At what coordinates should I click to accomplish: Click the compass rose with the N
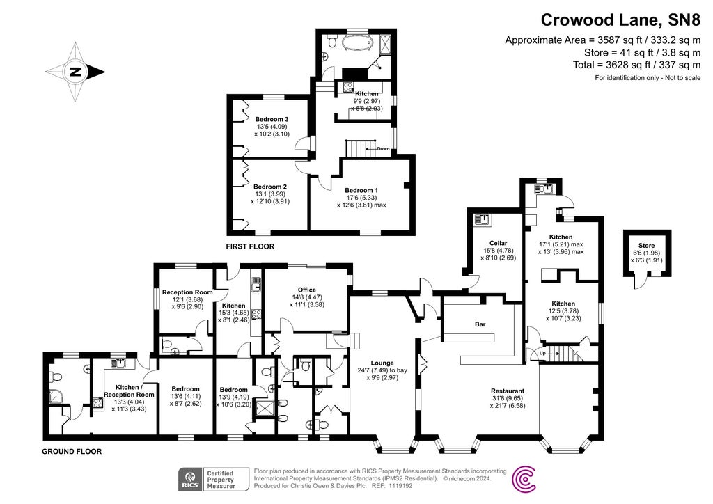[75, 71]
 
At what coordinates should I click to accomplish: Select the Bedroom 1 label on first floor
[361, 191]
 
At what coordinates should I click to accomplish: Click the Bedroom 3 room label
[271, 119]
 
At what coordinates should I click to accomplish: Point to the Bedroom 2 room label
[270, 187]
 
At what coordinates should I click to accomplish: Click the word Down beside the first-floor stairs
[383, 148]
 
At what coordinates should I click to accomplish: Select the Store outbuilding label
[647, 244]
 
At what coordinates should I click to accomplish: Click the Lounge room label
[382, 363]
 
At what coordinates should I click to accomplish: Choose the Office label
[306, 290]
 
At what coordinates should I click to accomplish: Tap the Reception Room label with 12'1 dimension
[183, 292]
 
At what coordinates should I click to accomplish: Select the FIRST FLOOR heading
[250, 246]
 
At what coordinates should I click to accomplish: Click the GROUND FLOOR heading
[72, 451]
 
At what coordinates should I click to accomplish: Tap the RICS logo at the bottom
[190, 479]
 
